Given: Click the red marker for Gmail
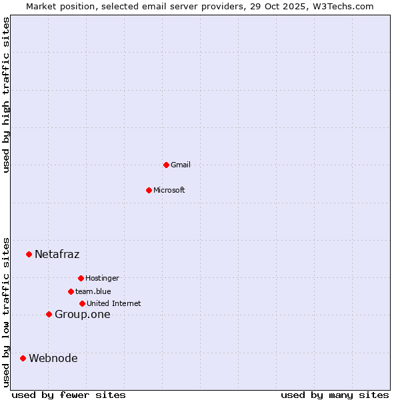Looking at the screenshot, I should click(166, 165).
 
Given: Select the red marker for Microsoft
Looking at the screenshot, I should click(149, 190).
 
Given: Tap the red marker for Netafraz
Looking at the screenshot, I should click(29, 254).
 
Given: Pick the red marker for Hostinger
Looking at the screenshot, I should click(81, 278).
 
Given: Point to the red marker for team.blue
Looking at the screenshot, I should click(71, 291).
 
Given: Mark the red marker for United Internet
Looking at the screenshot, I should click(82, 303).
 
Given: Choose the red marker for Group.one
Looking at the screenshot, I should click(49, 314).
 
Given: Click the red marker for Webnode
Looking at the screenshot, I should click(23, 358).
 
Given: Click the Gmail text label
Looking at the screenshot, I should click(181, 165).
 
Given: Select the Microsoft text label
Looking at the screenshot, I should click(169, 190).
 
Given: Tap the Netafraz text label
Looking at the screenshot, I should click(57, 254).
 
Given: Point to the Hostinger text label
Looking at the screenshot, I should click(102, 278).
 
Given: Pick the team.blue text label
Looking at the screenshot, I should click(93, 291).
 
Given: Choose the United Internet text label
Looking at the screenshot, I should click(114, 303).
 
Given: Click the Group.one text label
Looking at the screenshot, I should click(83, 315).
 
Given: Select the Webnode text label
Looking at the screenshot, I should click(53, 359).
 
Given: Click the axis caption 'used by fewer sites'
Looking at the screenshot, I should click(69, 395).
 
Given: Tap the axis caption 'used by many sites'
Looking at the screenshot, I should click(335, 395).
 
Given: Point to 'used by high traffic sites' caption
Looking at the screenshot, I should click(7, 95).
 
